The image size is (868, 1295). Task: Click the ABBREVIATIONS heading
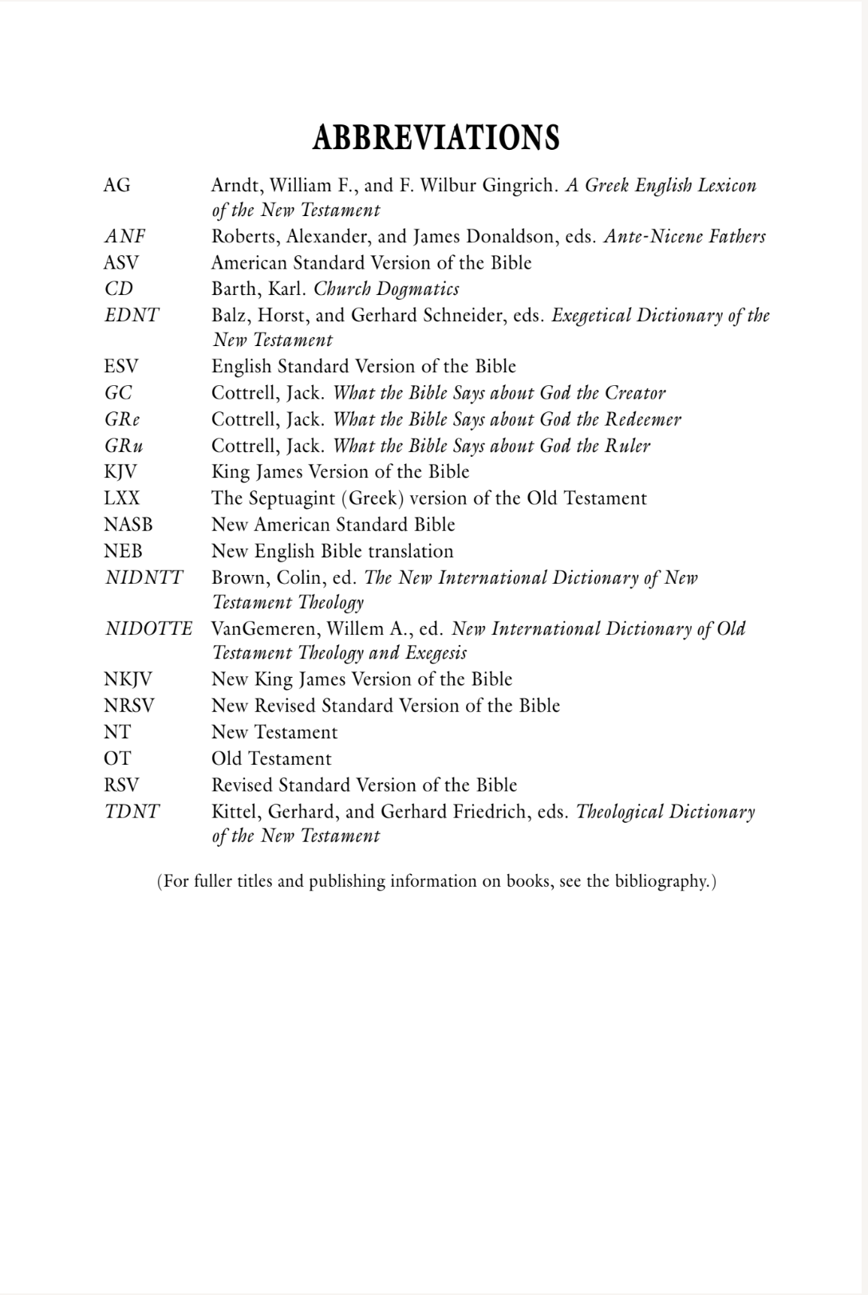tap(436, 138)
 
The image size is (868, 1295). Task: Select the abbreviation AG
tap(116, 186)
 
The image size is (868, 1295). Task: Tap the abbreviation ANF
tap(125, 237)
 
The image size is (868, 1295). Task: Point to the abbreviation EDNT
tap(132, 316)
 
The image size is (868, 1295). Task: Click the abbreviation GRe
tap(122, 419)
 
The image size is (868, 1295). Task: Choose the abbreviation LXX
tap(121, 498)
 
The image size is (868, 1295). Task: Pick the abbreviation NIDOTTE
tap(148, 629)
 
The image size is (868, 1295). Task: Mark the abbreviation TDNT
tap(132, 812)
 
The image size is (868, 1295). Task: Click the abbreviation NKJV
tap(128, 679)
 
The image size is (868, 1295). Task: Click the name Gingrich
tap(519, 186)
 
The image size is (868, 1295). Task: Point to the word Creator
tap(635, 393)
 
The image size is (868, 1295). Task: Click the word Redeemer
tap(643, 419)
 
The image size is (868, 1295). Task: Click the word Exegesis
tap(436, 653)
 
